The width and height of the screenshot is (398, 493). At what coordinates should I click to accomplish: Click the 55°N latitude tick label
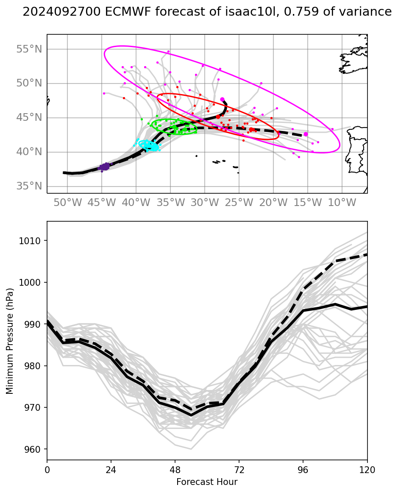tap(29, 49)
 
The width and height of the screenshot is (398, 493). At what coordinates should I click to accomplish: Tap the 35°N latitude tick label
tap(29, 187)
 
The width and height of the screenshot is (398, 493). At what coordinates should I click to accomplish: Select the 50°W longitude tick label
tap(67, 203)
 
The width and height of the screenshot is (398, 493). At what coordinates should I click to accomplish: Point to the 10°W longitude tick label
tap(342, 203)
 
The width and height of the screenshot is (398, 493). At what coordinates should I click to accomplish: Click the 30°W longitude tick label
tap(204, 203)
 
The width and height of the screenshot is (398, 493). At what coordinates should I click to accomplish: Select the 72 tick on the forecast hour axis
tap(239, 470)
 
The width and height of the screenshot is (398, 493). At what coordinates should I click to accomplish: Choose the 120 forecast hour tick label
tap(367, 470)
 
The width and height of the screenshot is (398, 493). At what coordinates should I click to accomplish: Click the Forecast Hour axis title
tap(207, 482)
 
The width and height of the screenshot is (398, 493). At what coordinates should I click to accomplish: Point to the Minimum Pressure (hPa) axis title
tap(10, 341)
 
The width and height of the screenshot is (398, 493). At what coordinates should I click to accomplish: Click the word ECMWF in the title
tap(101, 12)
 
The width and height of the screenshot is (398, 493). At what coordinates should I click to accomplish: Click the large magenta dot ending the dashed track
tap(306, 134)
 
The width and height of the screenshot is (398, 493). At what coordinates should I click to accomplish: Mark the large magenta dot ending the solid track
tap(222, 99)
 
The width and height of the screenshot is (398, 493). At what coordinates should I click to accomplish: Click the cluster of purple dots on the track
tap(104, 167)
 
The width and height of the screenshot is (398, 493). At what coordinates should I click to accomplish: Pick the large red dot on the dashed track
tap(251, 130)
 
